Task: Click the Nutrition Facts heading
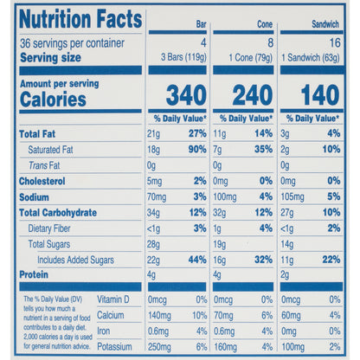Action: pyautogui.click(x=80, y=19)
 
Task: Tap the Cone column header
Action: pyautogui.click(x=265, y=24)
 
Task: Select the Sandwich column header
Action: pyautogui.click(x=325, y=24)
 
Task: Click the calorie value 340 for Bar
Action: pyautogui.click(x=186, y=95)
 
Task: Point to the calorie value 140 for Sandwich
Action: pyautogui.click(x=320, y=95)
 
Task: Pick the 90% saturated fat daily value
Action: pyautogui.click(x=197, y=150)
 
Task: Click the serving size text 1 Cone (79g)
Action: pyautogui.click(x=251, y=58)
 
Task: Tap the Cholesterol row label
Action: pyautogui.click(x=42, y=182)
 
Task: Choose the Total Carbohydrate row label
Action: pyautogui.click(x=58, y=213)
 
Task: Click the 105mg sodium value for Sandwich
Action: pyautogui.click(x=292, y=197)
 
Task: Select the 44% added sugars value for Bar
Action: pyautogui.click(x=197, y=260)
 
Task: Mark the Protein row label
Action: pyautogui.click(x=34, y=274)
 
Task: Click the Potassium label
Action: pyautogui.click(x=114, y=346)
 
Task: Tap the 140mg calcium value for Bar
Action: pyautogui.click(x=159, y=316)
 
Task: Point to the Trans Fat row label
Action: pyautogui.click(x=44, y=165)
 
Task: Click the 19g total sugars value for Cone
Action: pyautogui.click(x=220, y=245)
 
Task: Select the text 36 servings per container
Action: pyautogui.click(x=72, y=43)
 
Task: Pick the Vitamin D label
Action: pyautogui.click(x=113, y=299)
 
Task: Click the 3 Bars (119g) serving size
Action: pyautogui.click(x=183, y=57)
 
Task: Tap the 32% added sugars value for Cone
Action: pyautogui.click(x=264, y=260)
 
